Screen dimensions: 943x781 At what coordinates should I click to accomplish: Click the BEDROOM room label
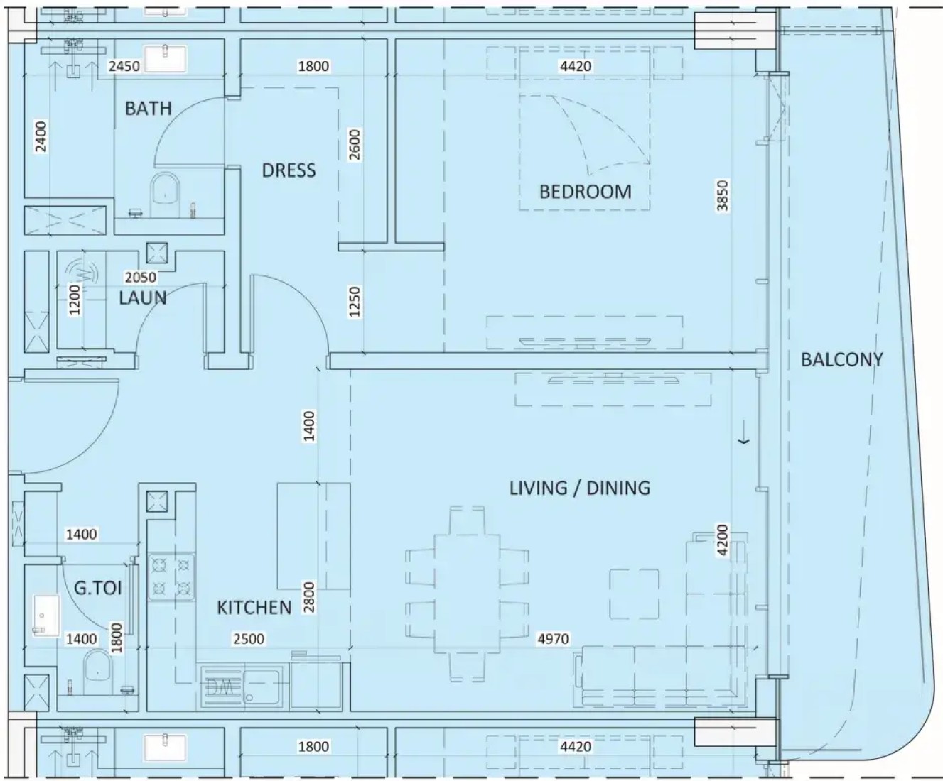coord(586,192)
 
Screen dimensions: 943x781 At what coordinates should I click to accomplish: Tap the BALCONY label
coord(842,359)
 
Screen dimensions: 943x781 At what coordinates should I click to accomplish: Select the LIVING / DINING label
coord(580,488)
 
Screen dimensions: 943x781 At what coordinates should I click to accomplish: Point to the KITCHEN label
coord(254,608)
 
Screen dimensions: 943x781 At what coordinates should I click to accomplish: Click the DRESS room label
coord(289,170)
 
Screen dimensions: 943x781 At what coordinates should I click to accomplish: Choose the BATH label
coord(148,109)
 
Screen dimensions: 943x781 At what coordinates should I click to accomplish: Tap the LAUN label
coord(143,297)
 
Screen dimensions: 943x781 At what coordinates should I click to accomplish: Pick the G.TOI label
coord(98,589)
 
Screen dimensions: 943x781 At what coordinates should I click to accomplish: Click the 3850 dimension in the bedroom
coord(723,196)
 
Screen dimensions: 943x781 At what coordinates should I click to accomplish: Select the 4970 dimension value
coord(554,639)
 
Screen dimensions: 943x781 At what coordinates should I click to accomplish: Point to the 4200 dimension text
coord(723,540)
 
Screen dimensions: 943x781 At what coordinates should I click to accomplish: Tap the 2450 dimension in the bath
coord(124,66)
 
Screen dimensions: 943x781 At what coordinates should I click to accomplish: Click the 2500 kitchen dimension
coord(249,639)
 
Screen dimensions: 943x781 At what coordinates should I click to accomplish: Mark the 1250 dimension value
coord(355,302)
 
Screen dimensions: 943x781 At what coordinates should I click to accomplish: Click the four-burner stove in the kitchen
coord(172,577)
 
